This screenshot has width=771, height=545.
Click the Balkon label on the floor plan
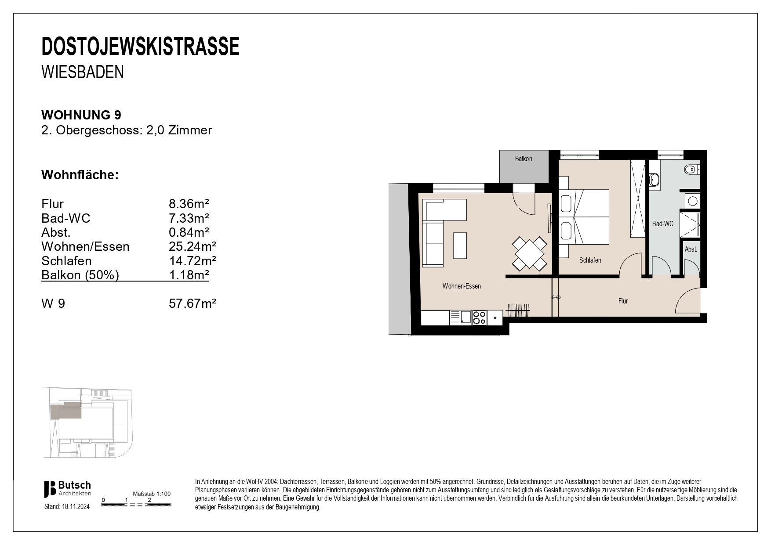[524, 159]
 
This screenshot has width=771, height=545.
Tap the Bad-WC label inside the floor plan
[662, 224]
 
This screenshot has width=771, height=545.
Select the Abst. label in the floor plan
[691, 249]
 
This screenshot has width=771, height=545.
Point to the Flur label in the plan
[623, 301]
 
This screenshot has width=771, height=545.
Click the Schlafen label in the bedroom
[590, 260]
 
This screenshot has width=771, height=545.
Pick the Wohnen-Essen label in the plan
[462, 286]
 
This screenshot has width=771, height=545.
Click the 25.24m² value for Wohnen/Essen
[193, 247]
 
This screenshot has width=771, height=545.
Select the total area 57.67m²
[193, 303]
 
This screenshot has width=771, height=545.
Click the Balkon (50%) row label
[80, 275]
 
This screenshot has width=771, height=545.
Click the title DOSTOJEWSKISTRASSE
[140, 47]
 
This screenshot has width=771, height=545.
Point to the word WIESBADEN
[83, 72]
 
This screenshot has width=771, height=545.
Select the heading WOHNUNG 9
[81, 115]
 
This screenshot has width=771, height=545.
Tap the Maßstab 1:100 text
[152, 494]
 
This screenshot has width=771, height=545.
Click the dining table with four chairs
[529, 254]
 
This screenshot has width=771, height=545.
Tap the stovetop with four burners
[479, 318]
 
